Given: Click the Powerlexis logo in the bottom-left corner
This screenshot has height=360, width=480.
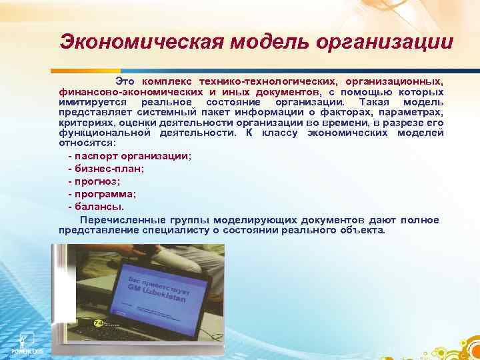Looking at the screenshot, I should tap(25, 340).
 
